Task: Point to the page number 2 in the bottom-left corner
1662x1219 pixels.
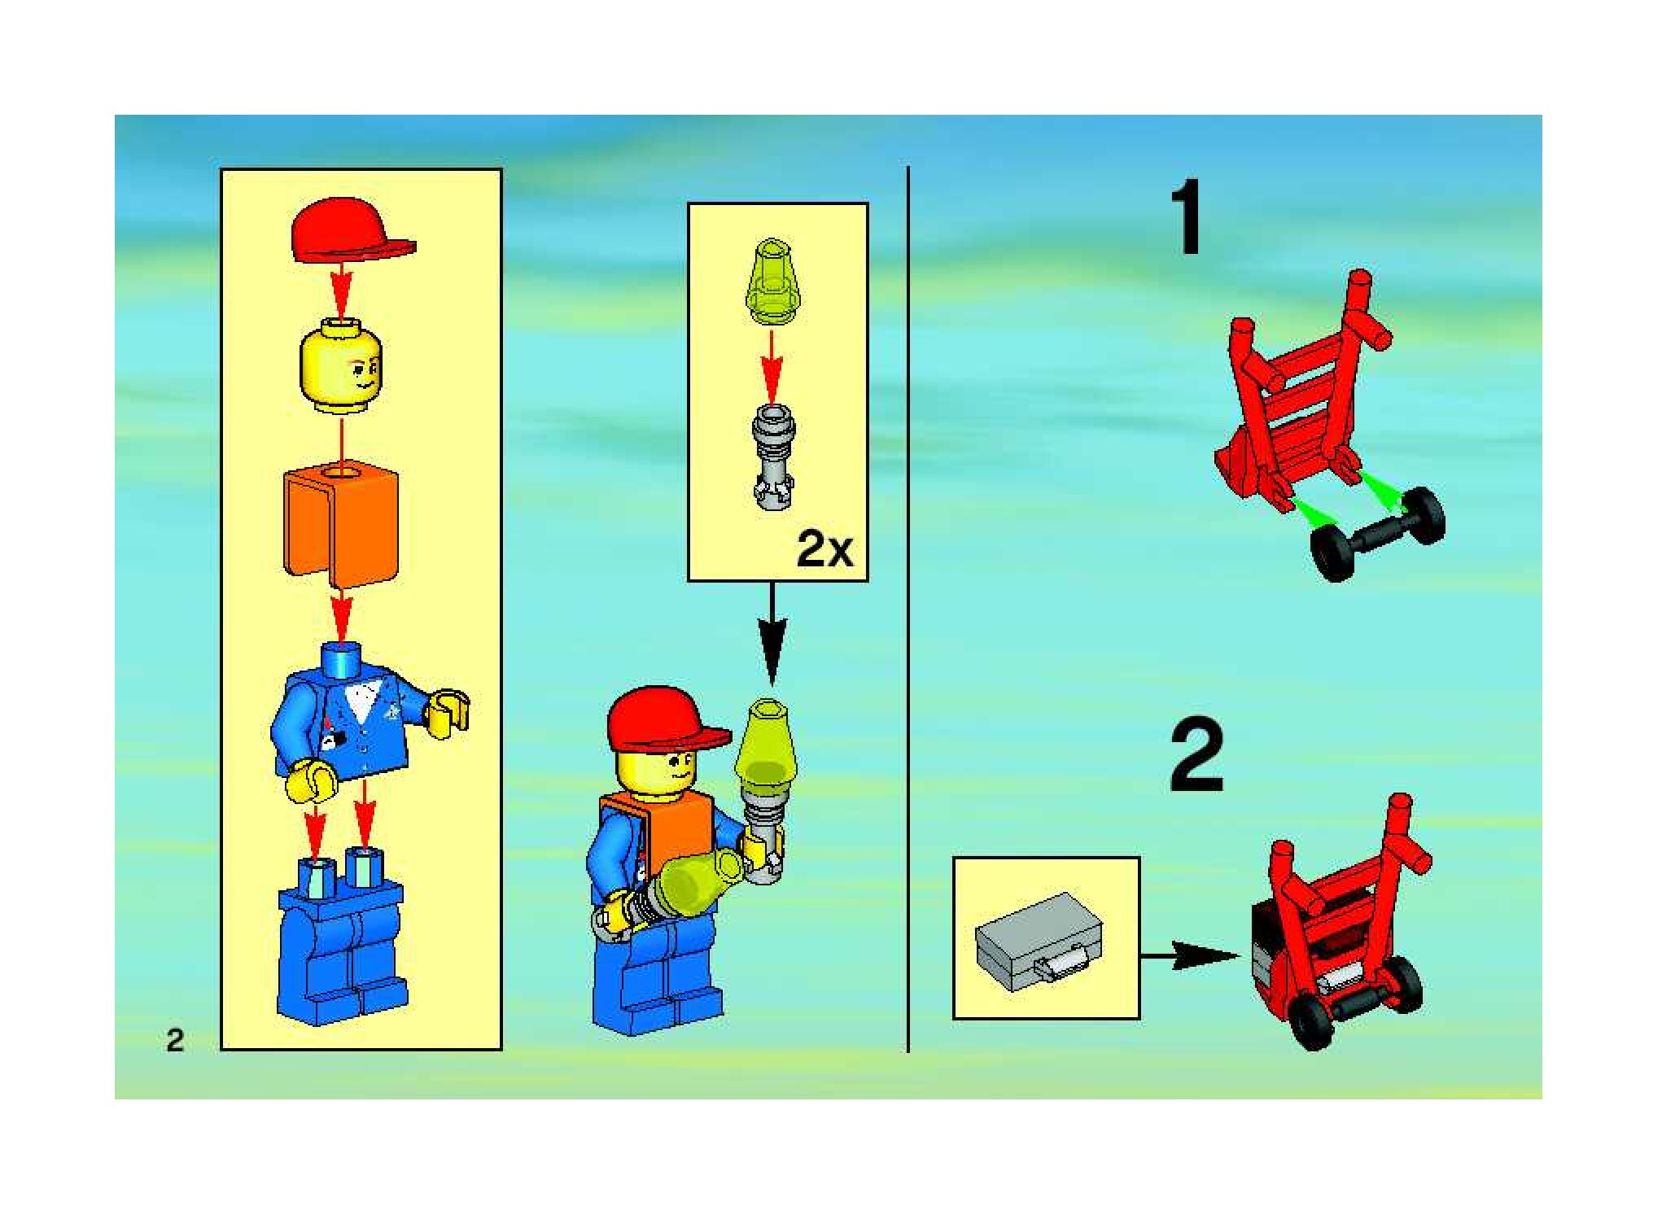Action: point(175,1040)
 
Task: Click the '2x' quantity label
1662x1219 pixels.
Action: point(825,551)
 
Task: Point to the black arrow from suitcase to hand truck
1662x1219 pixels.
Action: point(1193,955)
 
